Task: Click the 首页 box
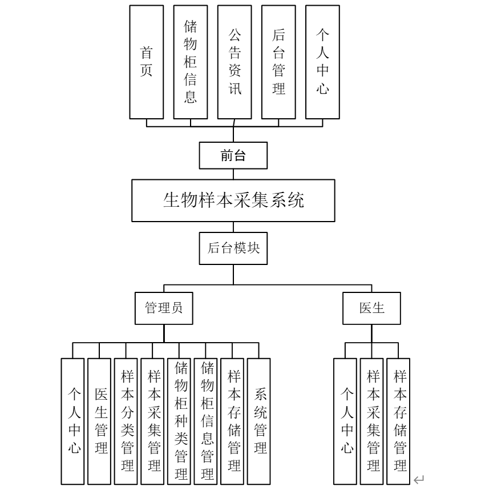(147, 62)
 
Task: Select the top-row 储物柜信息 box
(191, 62)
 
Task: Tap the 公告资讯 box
(235, 62)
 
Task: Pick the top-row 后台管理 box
(278, 62)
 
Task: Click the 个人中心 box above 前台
(322, 62)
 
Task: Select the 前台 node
(233, 155)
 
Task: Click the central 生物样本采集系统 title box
(233, 200)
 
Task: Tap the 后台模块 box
(233, 248)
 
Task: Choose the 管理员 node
(164, 308)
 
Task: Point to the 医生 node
(371, 308)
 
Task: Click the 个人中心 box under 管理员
(73, 421)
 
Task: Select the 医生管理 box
(100, 421)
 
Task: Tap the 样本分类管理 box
(126, 421)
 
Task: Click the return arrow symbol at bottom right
(419, 479)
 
